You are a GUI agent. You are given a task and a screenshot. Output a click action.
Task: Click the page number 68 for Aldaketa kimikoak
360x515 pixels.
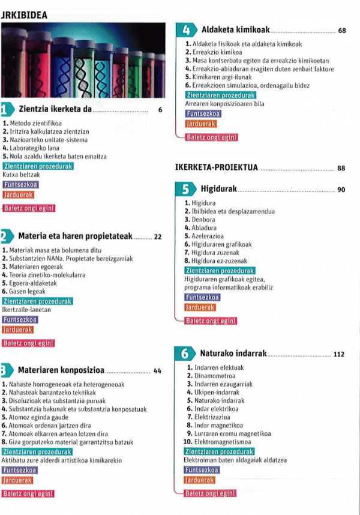tap(342, 30)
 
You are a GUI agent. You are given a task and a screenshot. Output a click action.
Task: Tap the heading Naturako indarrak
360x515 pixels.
tap(233, 354)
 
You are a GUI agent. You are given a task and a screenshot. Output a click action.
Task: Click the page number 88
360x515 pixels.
tap(341, 169)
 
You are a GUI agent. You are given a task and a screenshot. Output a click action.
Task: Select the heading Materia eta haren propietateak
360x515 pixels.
tap(76, 236)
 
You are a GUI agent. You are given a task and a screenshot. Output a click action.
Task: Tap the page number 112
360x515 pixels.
tap(339, 354)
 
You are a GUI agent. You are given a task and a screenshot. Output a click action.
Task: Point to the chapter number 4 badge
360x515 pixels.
tap(187, 30)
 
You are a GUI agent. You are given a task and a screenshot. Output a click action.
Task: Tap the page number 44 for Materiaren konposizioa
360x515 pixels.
tap(157, 371)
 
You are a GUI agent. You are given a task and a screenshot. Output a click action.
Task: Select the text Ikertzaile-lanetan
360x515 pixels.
tap(27, 310)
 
